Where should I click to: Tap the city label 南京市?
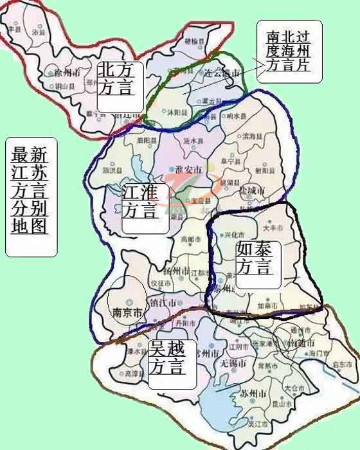click(127, 313)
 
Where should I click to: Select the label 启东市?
click(342, 364)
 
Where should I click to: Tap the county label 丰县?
click(14, 29)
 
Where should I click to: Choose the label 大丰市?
click(273, 228)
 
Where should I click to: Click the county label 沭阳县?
click(177, 112)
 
